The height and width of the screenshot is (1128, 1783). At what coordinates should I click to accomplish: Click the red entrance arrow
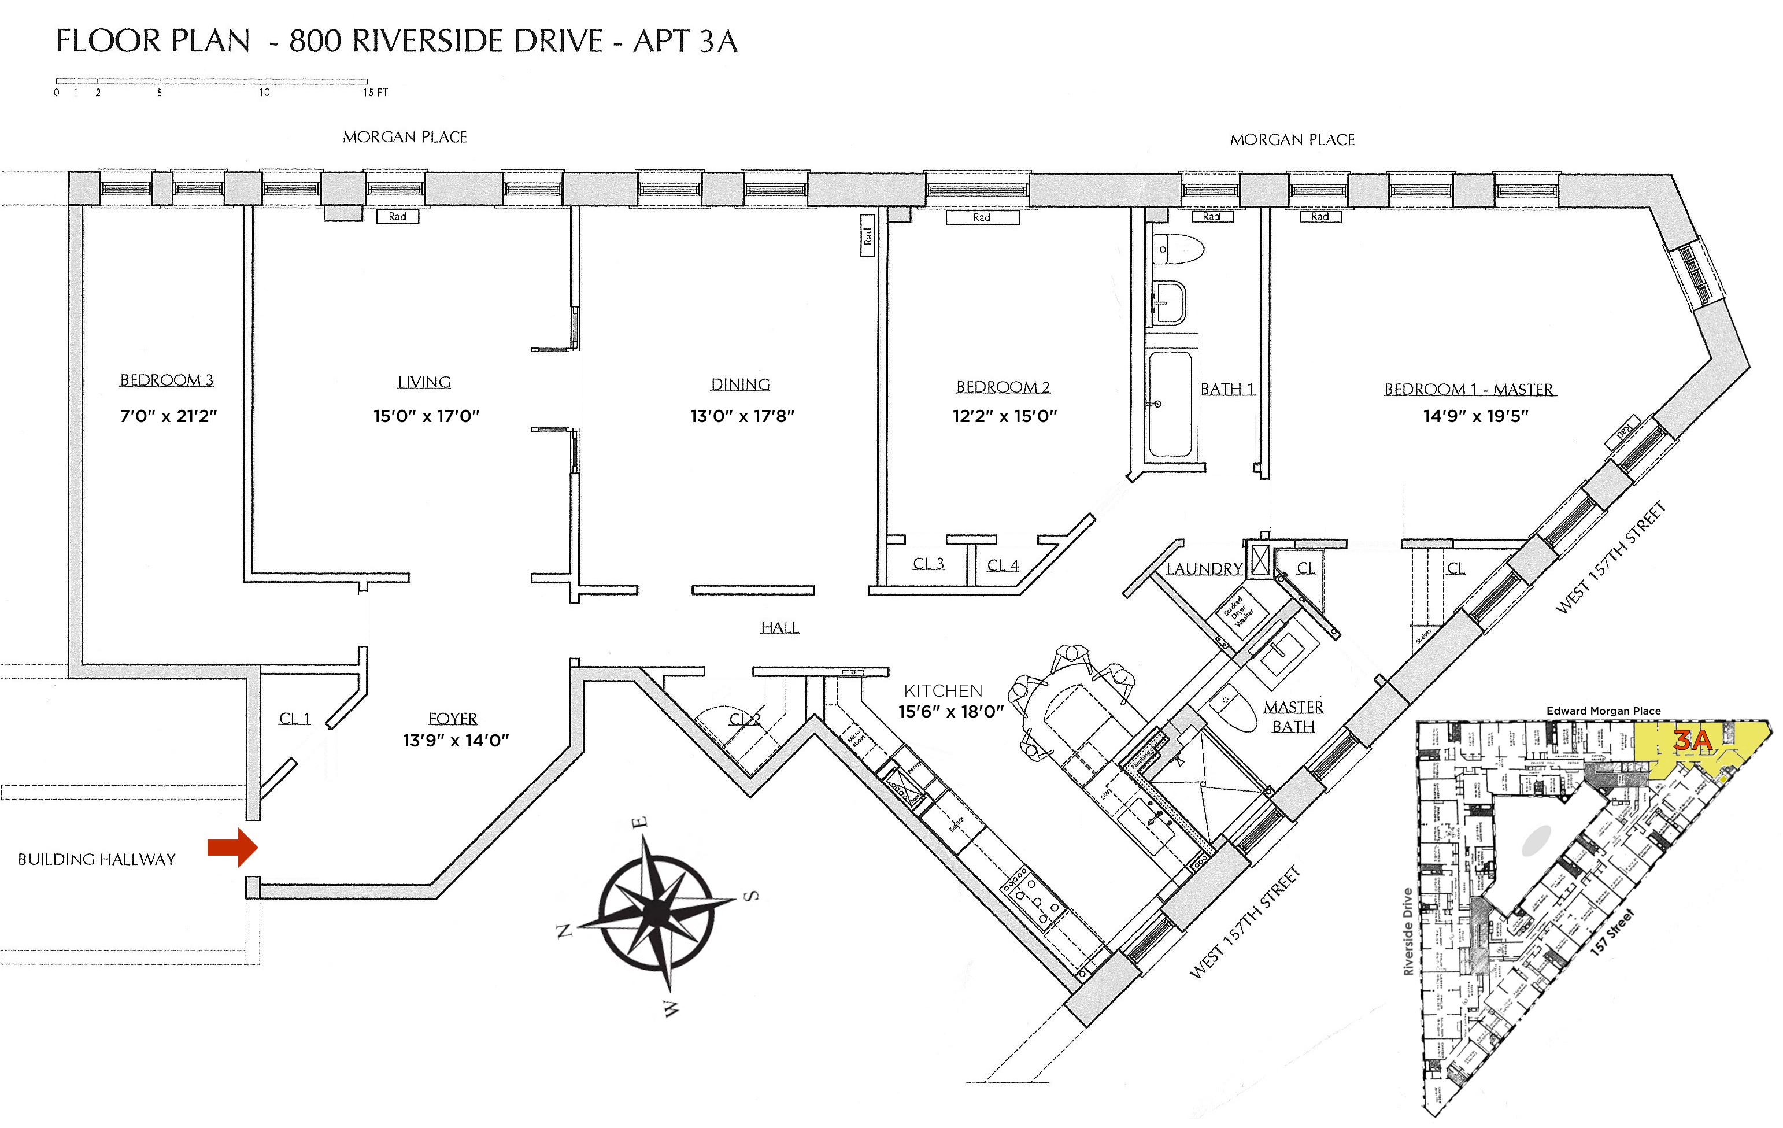(x=232, y=847)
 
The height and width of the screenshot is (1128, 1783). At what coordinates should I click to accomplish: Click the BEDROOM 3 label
(x=167, y=380)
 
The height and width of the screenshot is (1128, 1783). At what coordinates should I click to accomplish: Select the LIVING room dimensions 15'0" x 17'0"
(x=426, y=416)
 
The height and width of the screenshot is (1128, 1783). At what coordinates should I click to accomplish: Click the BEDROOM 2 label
(x=1003, y=387)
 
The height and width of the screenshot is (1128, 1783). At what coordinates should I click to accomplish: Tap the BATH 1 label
(x=1227, y=390)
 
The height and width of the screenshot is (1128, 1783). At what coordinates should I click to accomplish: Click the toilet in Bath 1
(x=1178, y=249)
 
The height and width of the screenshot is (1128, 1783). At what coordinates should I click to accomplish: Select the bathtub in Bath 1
(x=1170, y=404)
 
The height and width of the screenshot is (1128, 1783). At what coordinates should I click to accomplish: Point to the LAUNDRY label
(x=1204, y=569)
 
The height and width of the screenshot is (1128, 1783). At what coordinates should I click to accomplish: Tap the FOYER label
(x=453, y=719)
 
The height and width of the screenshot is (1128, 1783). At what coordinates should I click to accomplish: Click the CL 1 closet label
(x=295, y=719)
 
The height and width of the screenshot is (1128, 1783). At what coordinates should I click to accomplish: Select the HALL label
(x=780, y=628)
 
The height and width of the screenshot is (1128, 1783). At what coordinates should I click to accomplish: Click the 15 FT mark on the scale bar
(x=375, y=93)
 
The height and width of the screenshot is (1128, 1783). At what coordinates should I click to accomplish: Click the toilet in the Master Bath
(x=1234, y=709)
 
